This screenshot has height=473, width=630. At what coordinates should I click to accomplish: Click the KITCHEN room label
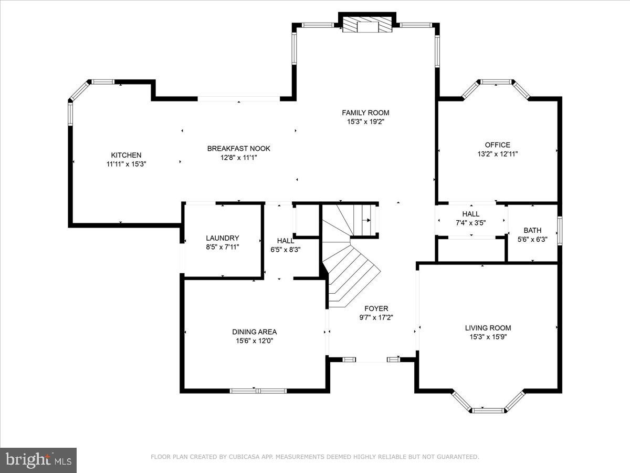(x=126, y=155)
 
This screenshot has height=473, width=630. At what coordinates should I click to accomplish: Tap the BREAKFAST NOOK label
(x=238, y=149)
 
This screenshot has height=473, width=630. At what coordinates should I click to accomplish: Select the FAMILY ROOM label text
(x=365, y=112)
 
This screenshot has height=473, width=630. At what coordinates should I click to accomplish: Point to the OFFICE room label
(x=497, y=145)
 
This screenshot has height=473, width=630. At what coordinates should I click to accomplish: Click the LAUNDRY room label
(x=222, y=238)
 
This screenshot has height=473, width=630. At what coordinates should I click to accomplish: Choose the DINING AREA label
(x=254, y=332)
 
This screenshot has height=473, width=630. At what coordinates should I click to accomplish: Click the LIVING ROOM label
(x=488, y=328)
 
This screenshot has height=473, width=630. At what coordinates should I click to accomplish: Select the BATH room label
(x=532, y=230)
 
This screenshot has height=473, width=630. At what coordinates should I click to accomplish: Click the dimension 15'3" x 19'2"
(x=365, y=121)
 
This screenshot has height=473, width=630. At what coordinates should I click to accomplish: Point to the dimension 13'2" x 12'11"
(x=497, y=154)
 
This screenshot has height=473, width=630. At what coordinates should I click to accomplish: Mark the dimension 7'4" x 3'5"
(x=470, y=222)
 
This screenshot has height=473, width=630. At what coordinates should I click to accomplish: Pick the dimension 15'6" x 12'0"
(x=254, y=341)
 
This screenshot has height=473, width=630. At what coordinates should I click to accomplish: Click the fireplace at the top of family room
(x=367, y=26)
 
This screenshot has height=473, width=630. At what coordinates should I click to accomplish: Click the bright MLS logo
(x=38, y=460)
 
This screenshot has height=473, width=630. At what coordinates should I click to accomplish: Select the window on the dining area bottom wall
(x=258, y=390)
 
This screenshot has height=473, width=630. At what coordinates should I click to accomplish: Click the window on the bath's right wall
(x=560, y=230)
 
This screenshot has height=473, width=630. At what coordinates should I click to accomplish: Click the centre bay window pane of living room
(x=488, y=410)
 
